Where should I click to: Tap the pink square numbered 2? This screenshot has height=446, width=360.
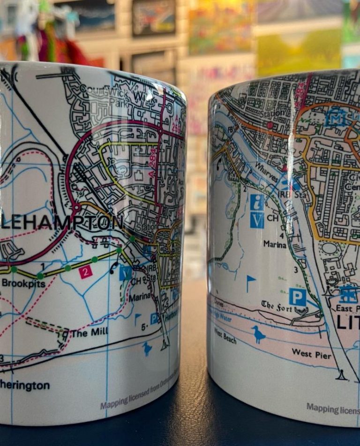(85, 272)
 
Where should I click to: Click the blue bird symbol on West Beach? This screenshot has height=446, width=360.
(258, 334)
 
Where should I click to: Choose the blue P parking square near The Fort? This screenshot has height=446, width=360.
(297, 296)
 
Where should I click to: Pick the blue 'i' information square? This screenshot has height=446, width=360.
(257, 202)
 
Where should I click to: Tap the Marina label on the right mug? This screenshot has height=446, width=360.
(275, 244)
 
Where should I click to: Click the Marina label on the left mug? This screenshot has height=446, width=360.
(142, 296)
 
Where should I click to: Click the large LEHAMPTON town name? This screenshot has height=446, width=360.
(61, 223)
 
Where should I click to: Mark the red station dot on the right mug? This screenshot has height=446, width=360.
(270, 125)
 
